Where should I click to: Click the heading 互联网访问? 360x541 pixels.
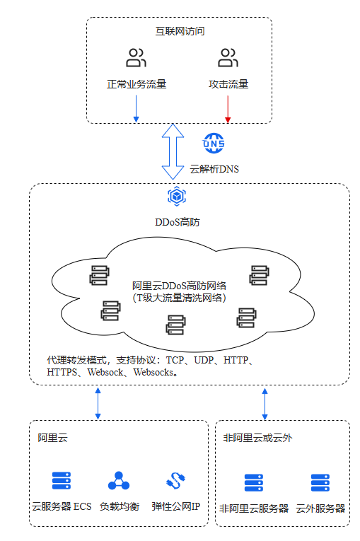180,31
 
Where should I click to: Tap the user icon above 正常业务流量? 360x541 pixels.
136,57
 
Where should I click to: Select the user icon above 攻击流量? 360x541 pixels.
228,57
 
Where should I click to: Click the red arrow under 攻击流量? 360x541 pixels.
228,109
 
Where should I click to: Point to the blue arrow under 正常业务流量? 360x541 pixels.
136,109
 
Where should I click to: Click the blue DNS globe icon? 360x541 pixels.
214,143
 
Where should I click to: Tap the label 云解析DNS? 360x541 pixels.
214,169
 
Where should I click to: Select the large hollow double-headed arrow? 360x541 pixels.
173,151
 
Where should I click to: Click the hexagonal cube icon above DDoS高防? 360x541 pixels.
177,197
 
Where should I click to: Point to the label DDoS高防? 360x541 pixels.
178,222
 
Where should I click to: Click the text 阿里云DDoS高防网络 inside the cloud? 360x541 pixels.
179,286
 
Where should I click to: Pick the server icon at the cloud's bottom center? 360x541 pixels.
175,325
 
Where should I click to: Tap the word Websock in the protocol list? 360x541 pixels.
105,372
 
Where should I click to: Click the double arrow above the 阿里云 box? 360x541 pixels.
98,403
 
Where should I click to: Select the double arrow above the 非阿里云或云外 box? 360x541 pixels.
265,404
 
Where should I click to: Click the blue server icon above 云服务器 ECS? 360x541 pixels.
62,481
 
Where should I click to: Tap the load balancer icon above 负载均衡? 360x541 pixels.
119,481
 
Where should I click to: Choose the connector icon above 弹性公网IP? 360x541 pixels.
176,481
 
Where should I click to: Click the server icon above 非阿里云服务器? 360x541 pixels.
254,483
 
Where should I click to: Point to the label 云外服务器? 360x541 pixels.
320,508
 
